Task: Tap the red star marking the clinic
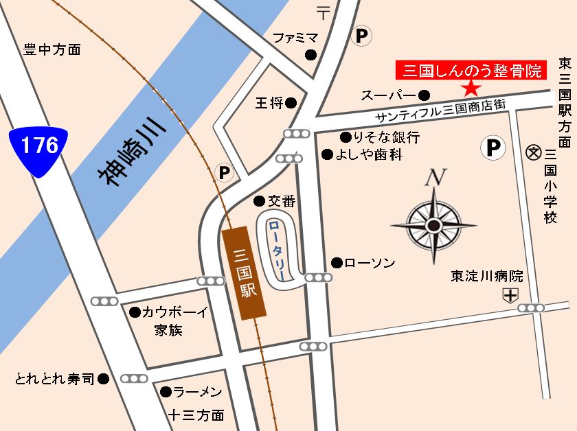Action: (x=471, y=88)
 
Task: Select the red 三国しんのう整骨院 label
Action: (x=471, y=70)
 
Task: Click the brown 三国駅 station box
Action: (x=244, y=272)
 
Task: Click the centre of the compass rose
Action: (x=433, y=225)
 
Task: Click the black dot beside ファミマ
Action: (x=311, y=55)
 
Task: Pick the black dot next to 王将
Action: (x=291, y=103)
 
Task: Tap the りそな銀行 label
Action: (x=385, y=136)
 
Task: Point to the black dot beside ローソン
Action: (x=337, y=262)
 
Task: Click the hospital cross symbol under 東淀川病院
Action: (x=510, y=296)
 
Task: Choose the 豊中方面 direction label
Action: (x=52, y=49)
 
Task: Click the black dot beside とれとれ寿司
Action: (x=103, y=378)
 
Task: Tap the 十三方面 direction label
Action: (x=196, y=415)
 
